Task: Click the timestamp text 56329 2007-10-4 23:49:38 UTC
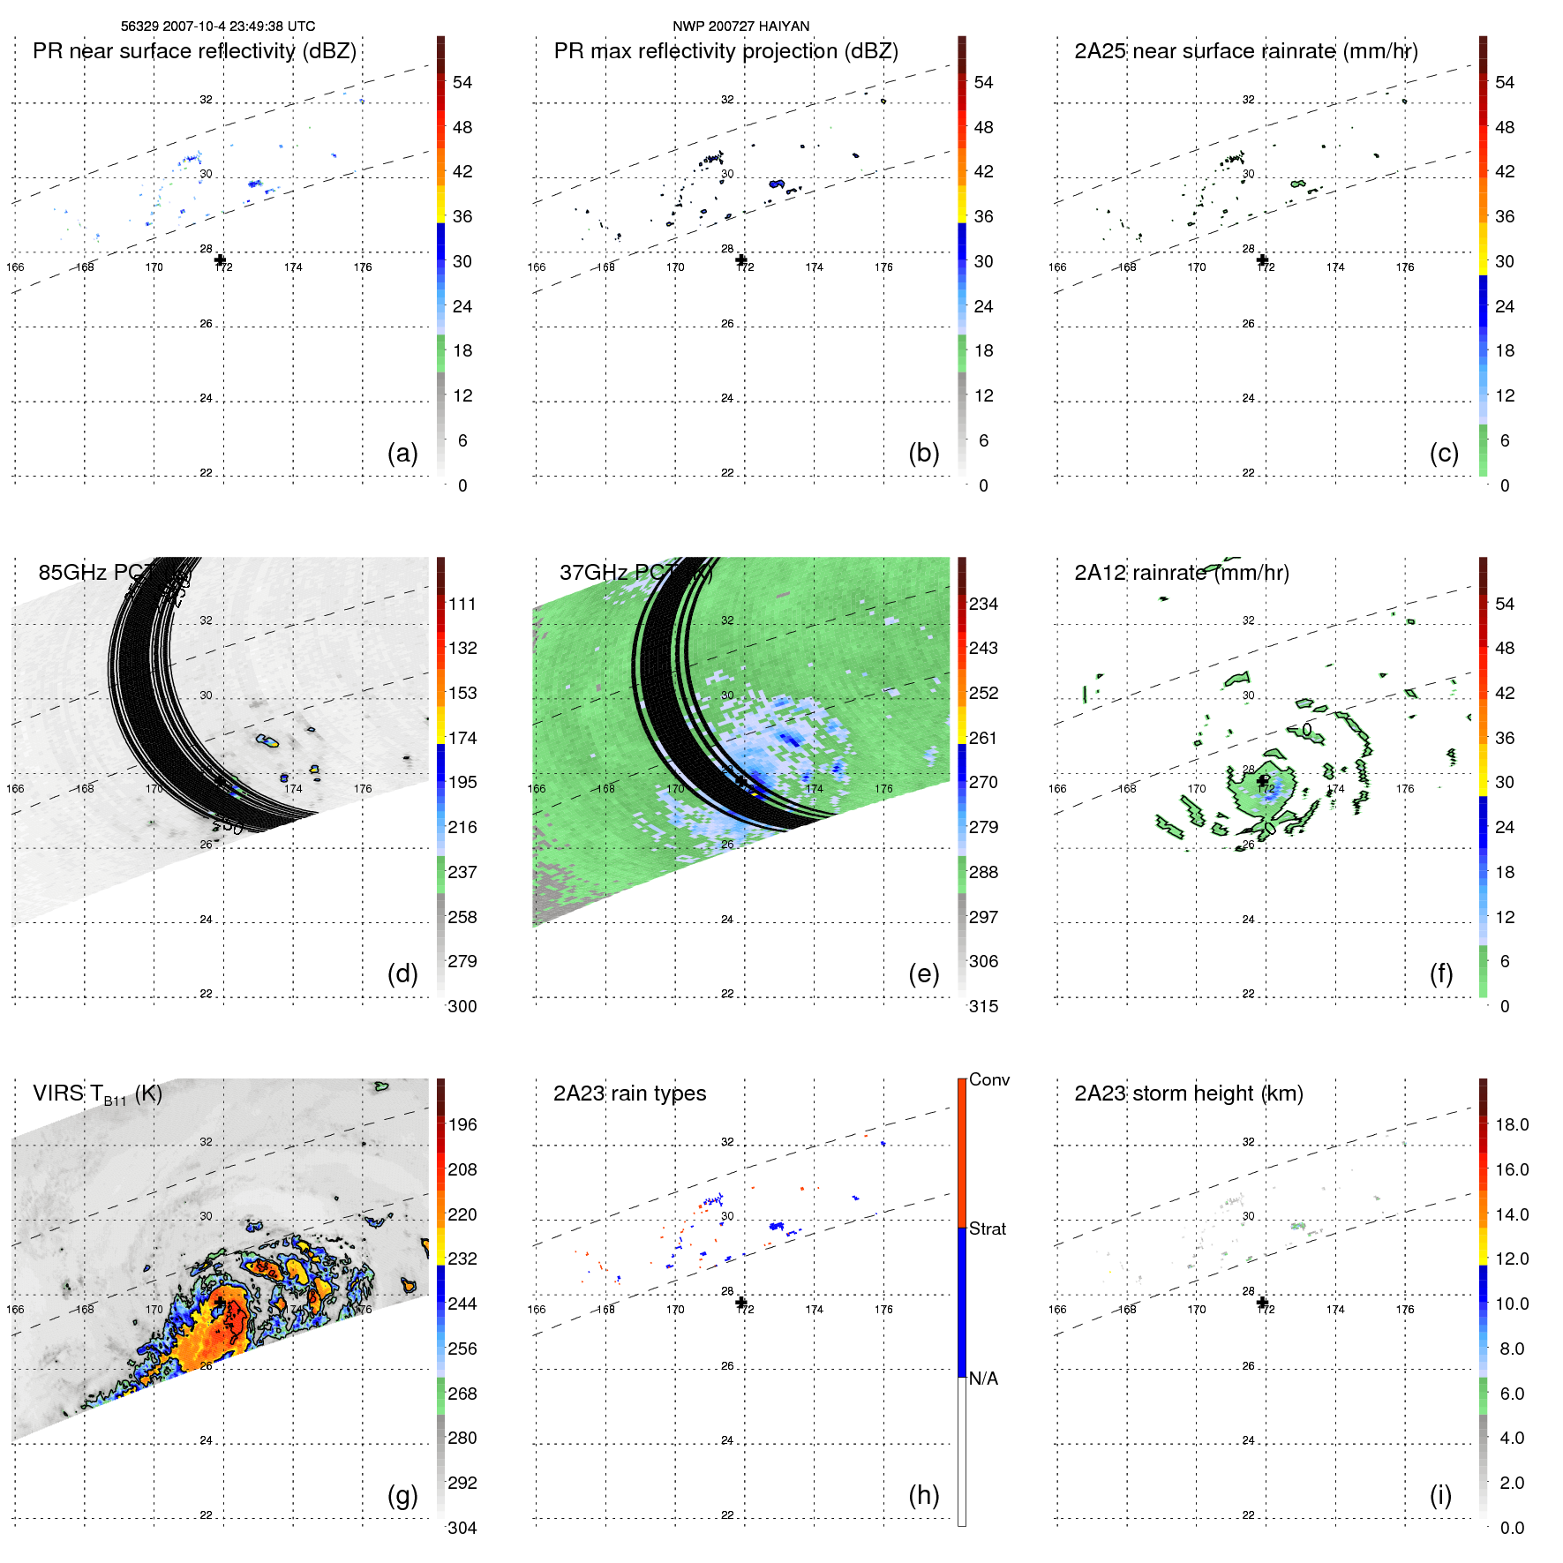point(217,26)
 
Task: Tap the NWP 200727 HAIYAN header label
point(740,26)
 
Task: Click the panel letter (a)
point(402,453)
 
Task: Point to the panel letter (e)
point(924,973)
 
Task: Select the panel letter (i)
point(1440,1495)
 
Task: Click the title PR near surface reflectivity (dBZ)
point(194,51)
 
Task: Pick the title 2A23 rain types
point(629,1093)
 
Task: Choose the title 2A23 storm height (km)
point(1188,1093)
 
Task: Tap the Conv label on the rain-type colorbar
point(989,1079)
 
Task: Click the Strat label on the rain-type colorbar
point(988,1229)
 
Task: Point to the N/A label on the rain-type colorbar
point(983,1379)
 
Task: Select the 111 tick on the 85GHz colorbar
point(462,604)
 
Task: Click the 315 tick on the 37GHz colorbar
point(983,1006)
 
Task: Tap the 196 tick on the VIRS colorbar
point(462,1124)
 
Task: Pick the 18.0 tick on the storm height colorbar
point(1512,1124)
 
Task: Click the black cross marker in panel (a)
point(221,260)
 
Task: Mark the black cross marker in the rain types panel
point(741,1303)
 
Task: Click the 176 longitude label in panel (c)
point(1405,267)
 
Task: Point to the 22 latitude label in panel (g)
point(206,1514)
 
